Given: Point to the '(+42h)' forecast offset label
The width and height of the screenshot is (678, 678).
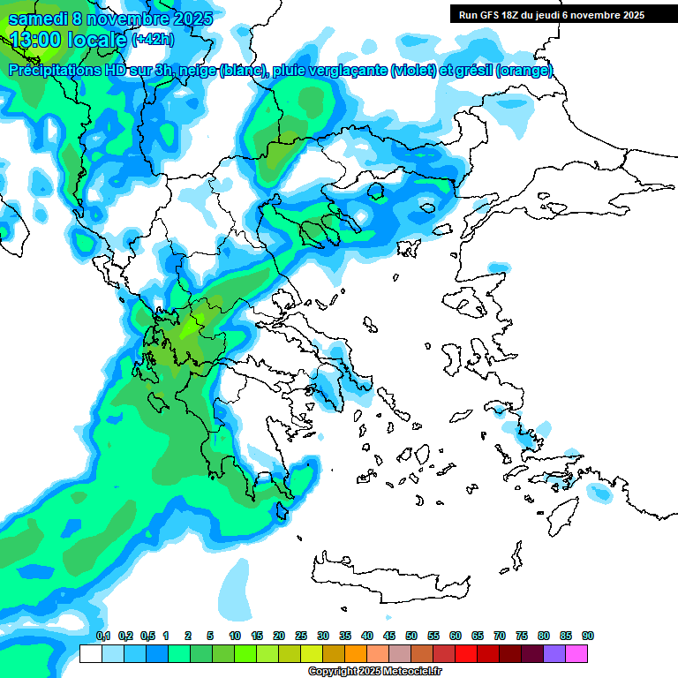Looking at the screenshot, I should click(x=153, y=40).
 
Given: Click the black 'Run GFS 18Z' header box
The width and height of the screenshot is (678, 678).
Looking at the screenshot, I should click(x=550, y=14).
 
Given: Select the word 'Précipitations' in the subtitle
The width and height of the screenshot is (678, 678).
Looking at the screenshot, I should click(x=58, y=71).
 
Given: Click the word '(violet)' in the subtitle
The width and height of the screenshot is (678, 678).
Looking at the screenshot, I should click(x=413, y=71).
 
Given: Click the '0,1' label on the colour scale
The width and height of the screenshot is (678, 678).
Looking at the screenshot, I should click(x=102, y=636).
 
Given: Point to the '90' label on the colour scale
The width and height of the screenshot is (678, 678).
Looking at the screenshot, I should click(x=588, y=636).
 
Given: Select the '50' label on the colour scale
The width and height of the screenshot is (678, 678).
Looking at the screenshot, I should click(x=411, y=636).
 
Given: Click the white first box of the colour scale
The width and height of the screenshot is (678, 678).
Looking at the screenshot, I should click(x=90, y=653).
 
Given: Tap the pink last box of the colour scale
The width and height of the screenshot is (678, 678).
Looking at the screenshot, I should click(x=577, y=653).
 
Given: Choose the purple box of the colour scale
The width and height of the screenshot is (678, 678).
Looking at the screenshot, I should click(x=555, y=653).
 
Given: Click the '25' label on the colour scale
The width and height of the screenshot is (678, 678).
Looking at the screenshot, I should click(x=301, y=636).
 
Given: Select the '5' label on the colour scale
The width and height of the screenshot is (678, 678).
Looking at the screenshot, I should click(x=210, y=636).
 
